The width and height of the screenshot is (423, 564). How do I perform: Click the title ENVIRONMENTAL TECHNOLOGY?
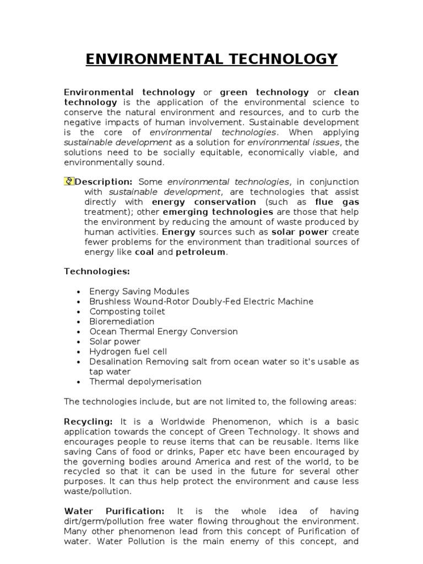click(211, 59)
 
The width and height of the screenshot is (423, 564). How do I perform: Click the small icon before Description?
click(69, 182)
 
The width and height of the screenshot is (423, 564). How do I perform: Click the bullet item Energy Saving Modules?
click(139, 291)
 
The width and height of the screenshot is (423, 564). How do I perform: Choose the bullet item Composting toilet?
click(127, 312)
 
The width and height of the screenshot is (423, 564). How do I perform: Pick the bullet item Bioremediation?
click(122, 322)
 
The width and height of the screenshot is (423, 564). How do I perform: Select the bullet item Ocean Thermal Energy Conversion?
click(164, 332)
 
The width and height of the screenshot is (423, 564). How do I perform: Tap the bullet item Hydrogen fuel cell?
click(128, 351)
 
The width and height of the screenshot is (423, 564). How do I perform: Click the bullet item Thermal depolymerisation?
click(145, 382)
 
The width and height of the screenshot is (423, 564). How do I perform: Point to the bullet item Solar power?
click(115, 341)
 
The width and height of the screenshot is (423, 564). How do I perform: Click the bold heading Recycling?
click(88, 421)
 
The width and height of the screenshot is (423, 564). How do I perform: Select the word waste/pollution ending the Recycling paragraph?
click(98, 491)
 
